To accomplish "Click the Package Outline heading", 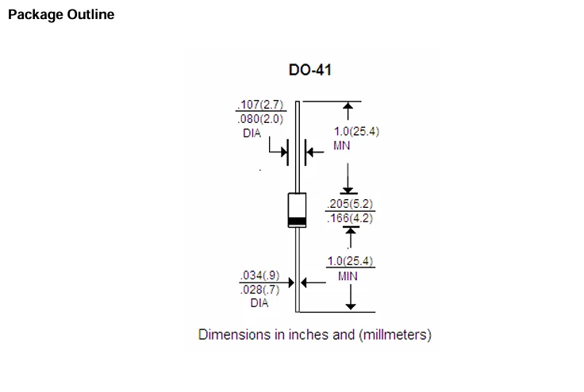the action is tap(61, 15).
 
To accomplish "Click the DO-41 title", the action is tap(310, 70).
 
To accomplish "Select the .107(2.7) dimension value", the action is tap(261, 104).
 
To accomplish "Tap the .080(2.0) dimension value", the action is tap(261, 119).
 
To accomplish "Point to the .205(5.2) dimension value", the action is tap(350, 204).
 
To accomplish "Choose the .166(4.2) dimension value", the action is tap(350, 218).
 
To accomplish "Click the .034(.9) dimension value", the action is tap(260, 275).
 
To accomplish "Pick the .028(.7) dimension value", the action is tap(260, 290).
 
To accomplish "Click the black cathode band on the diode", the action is tap(298, 221).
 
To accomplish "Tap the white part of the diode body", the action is tap(298, 206).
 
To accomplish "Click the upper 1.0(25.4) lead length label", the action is tap(356, 131).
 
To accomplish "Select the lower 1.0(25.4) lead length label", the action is tap(350, 261).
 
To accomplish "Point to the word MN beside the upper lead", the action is tap(341, 145).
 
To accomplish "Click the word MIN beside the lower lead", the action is tap(348, 276).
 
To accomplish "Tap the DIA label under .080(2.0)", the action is tap(252, 133).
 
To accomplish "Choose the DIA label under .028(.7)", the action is tap(259, 302).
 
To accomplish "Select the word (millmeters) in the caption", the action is tap(395, 335).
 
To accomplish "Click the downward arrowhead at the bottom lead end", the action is tap(351, 306).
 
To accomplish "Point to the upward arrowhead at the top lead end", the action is tap(348, 106).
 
